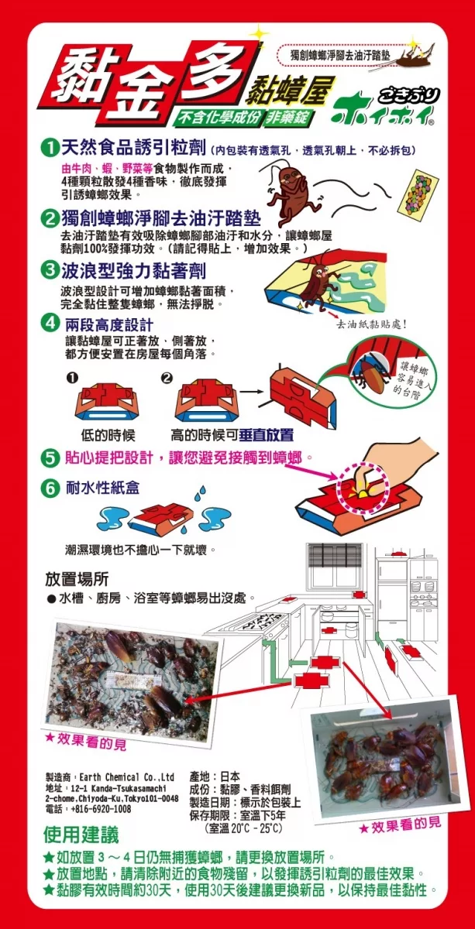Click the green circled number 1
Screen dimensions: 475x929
point(49,149)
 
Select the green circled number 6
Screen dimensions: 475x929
point(50,488)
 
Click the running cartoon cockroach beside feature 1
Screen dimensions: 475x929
point(291,190)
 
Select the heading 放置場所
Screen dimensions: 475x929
point(77,579)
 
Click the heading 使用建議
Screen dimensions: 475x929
point(81,835)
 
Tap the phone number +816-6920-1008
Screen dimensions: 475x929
point(101,809)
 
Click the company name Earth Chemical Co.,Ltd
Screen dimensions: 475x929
point(126,776)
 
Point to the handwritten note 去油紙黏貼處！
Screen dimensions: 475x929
point(371,324)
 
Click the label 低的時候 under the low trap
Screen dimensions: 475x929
point(108,435)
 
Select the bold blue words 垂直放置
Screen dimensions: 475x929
point(266,434)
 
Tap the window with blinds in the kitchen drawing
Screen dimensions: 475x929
point(335,567)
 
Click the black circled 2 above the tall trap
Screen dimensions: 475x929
point(167,379)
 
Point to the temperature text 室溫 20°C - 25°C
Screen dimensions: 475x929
point(244,828)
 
